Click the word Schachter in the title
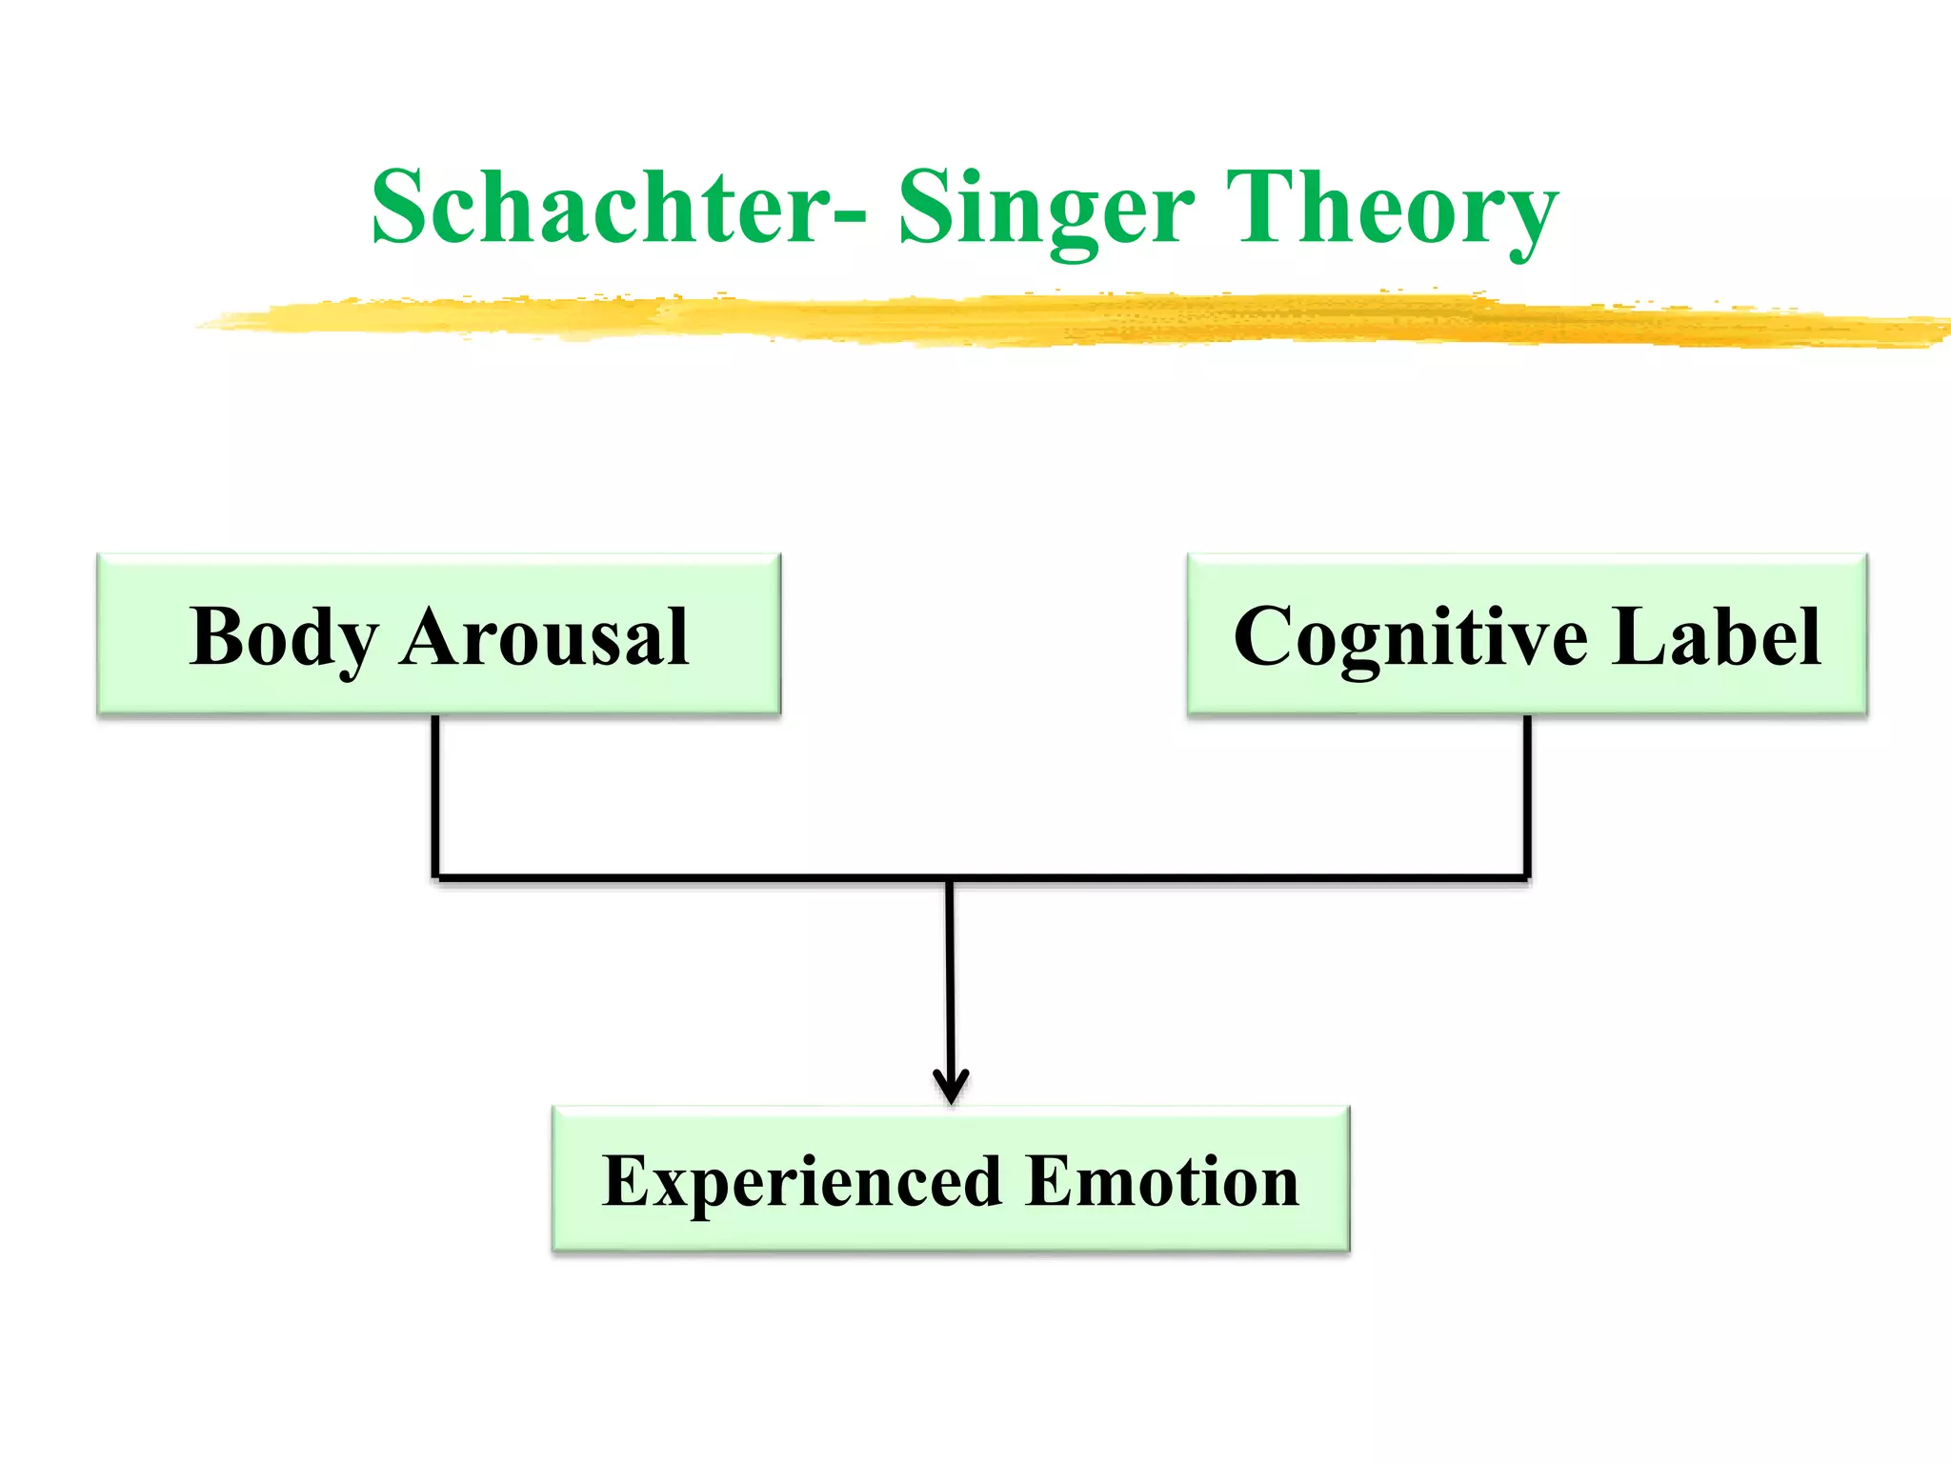[x=600, y=208]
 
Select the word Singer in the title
[x=1046, y=210]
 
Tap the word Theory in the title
[x=1391, y=210]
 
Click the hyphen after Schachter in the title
[x=849, y=218]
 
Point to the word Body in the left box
[x=284, y=638]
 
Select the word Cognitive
[x=1411, y=638]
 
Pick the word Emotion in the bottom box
[x=1163, y=1181]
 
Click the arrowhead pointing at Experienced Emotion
[x=951, y=1088]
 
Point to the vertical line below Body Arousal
[x=435, y=795]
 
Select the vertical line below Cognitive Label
[x=1527, y=795]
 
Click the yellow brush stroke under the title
[x=1048, y=319]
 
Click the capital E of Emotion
[x=1050, y=1181]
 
